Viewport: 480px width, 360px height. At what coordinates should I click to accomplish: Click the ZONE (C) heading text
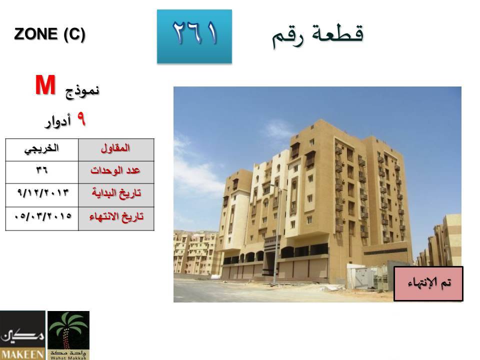pos(49,34)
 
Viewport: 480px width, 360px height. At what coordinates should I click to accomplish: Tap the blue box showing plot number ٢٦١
pos(194,36)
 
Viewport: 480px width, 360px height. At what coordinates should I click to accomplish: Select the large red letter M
pos(45,85)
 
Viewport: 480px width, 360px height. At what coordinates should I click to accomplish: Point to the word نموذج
pos(82,90)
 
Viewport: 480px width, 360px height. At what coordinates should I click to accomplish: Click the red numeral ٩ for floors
pos(81,119)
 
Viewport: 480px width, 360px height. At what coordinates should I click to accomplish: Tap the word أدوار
pos(58,121)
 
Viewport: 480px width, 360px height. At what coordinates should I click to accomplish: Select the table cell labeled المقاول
pos(116,150)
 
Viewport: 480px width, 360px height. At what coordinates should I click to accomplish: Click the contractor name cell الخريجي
pos(42,150)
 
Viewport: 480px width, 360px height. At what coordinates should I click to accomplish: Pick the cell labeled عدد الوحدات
pos(116,172)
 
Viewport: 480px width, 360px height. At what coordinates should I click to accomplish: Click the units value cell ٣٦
pos(42,172)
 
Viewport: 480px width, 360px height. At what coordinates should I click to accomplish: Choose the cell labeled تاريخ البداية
pos(116,195)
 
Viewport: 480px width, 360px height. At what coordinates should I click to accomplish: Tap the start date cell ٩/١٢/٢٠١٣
pos(42,195)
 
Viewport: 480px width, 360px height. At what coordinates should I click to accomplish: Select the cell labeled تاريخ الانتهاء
pos(116,218)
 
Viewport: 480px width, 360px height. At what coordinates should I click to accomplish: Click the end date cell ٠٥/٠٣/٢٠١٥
pos(42,218)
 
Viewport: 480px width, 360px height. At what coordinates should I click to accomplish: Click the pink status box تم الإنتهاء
pos(428,283)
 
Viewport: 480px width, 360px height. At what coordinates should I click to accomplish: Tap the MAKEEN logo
pos(22,335)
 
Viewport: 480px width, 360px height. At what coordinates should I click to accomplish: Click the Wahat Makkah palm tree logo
pos(68,335)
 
